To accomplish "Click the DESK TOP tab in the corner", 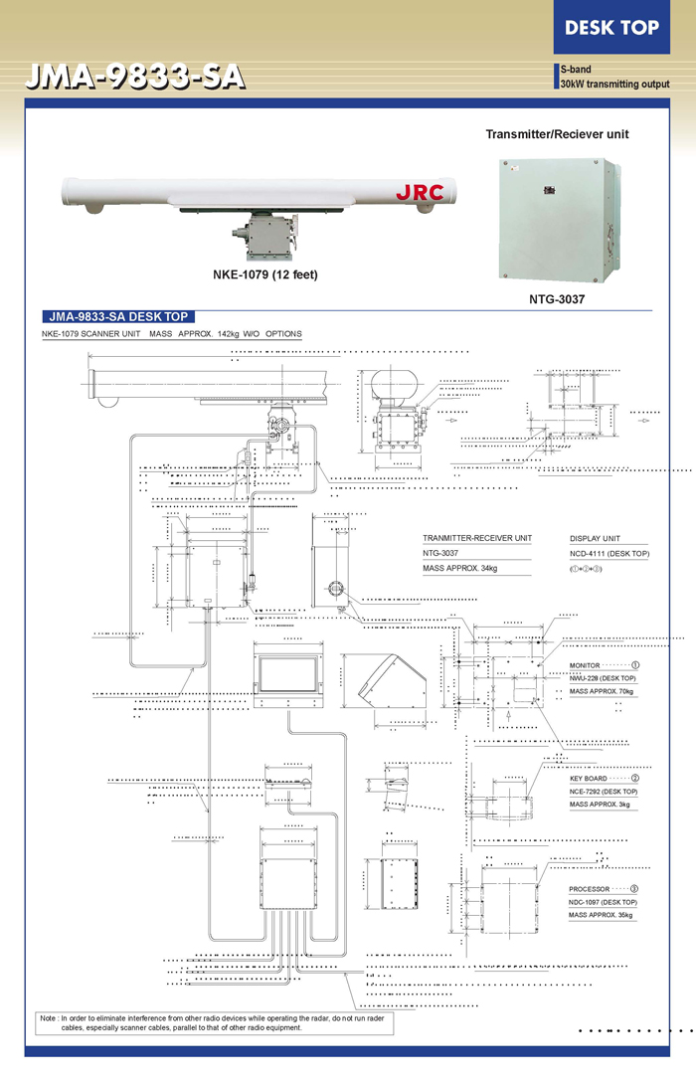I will tap(611, 28).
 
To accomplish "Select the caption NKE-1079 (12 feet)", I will tap(265, 274).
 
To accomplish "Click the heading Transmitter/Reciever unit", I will tap(557, 134).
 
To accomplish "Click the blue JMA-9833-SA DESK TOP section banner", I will tap(115, 317).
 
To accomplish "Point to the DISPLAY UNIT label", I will tap(595, 538).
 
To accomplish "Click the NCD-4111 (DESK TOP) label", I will tap(609, 553).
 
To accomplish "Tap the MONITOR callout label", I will tap(585, 665).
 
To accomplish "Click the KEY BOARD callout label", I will tap(588, 779).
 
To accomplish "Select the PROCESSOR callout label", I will tap(589, 889).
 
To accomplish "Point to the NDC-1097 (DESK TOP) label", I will tap(603, 901).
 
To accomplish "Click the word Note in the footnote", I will tap(48, 1019).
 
